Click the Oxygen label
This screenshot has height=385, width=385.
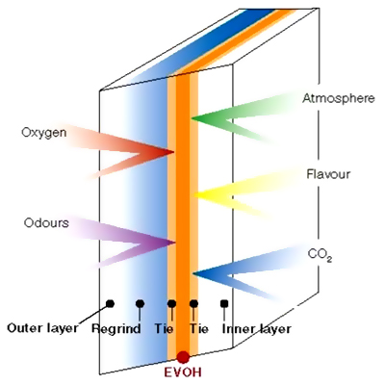44,133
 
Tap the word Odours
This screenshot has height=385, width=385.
46,222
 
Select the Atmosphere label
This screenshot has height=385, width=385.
339,98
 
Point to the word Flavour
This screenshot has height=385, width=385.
328,174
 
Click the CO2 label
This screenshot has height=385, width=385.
320,255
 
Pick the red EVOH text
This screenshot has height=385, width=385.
183,372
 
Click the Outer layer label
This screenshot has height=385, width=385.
42,328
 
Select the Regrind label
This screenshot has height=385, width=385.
116,329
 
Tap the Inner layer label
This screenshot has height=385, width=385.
256,329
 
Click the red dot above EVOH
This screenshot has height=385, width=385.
183,357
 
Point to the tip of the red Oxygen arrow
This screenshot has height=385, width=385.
173,152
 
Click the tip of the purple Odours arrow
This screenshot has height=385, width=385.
175,243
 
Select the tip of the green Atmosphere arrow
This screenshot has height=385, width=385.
192,118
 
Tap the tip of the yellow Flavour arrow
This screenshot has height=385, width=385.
194,194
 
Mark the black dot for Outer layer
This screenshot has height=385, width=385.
110,303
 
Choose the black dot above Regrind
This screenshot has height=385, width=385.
140,303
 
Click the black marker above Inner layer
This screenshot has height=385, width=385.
224,303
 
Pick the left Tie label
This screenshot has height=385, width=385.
165,328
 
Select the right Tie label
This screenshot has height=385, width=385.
199,328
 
